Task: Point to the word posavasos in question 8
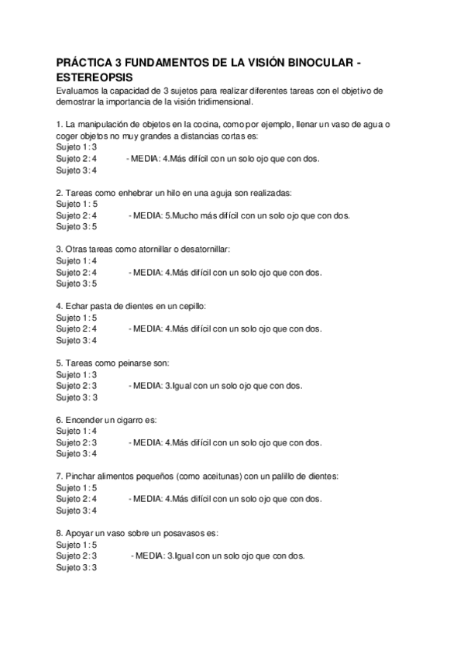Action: pyautogui.click(x=183, y=533)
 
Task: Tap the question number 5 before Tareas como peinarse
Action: pyautogui.click(x=59, y=363)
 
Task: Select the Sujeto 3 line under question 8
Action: pyautogui.click(x=77, y=567)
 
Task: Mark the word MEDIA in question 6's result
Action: pyautogui.click(x=146, y=442)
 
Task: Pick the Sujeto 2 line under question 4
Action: pyautogui.click(x=77, y=328)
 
